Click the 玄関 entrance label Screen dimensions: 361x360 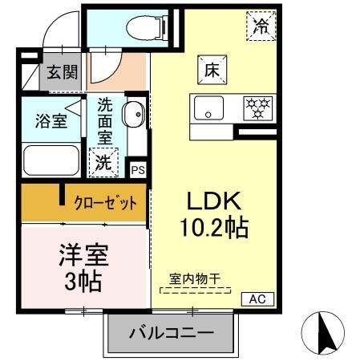(62, 74)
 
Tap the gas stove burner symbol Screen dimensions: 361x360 (257, 107)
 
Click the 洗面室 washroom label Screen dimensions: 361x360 (105, 121)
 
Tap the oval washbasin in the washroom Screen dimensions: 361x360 (132, 114)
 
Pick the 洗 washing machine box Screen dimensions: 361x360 (103, 161)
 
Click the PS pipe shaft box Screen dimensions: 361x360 (138, 170)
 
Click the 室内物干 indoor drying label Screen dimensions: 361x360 (195, 279)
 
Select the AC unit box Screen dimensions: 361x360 (258, 299)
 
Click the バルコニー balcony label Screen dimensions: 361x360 (171, 331)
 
